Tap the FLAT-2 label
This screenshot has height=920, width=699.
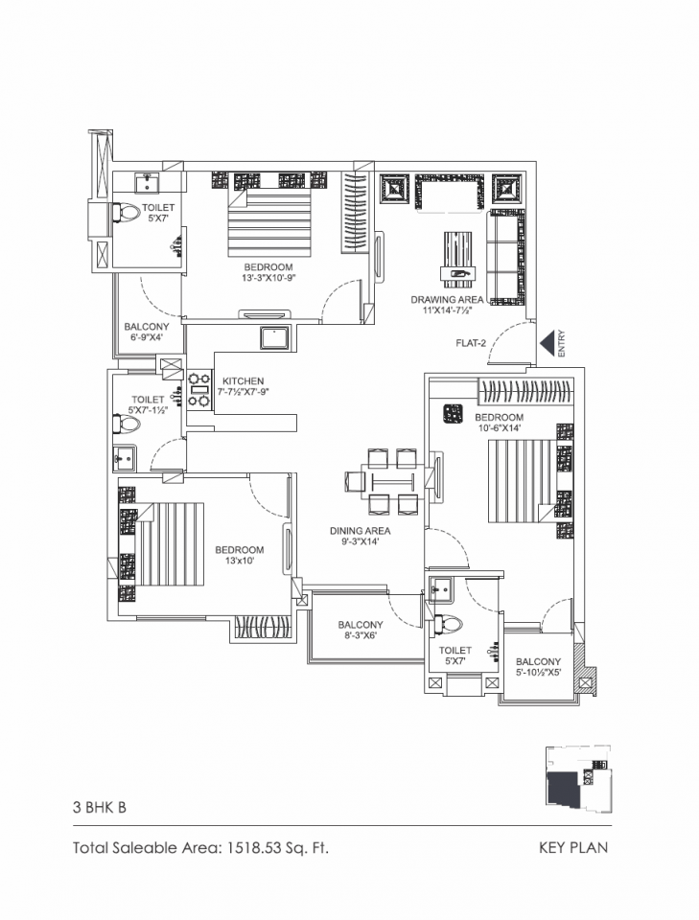(x=471, y=343)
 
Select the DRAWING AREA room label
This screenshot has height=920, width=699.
(x=447, y=299)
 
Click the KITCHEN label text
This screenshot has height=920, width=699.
(x=243, y=380)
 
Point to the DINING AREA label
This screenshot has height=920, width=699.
(x=360, y=530)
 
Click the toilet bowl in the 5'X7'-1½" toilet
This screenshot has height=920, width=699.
(x=127, y=424)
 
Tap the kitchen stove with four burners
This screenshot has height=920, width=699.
(x=198, y=389)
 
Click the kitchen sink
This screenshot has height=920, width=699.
(x=274, y=338)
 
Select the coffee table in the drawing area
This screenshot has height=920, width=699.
(x=459, y=260)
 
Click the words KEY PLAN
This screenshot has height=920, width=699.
(x=573, y=847)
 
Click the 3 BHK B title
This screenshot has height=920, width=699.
(x=99, y=807)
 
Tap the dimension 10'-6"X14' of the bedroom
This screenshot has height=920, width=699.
(x=499, y=428)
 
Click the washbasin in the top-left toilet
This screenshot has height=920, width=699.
(x=147, y=182)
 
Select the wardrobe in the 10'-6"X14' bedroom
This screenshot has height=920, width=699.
(x=525, y=392)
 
